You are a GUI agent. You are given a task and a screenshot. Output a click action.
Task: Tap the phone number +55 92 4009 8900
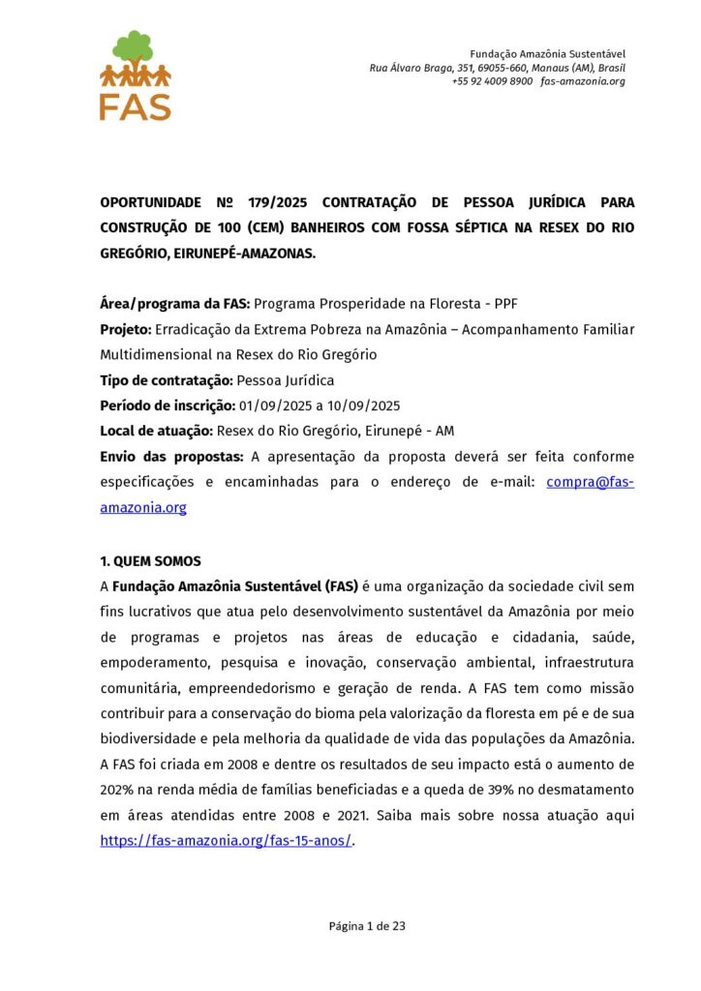click(492, 81)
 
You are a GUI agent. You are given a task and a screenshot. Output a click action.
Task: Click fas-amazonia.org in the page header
click(583, 81)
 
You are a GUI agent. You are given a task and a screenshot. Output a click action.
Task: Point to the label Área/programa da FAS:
click(174, 304)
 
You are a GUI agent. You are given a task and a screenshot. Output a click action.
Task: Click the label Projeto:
click(126, 329)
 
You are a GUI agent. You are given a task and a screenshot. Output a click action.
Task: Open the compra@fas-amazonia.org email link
click(589, 482)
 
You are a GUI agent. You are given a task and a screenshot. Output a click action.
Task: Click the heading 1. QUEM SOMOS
click(150, 561)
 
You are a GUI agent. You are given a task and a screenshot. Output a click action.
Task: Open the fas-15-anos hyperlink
click(226, 841)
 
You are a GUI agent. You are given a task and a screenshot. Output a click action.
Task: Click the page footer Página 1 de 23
click(367, 926)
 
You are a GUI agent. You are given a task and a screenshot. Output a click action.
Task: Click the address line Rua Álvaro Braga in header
click(497, 68)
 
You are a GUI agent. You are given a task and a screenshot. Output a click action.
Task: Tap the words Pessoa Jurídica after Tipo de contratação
click(287, 380)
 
